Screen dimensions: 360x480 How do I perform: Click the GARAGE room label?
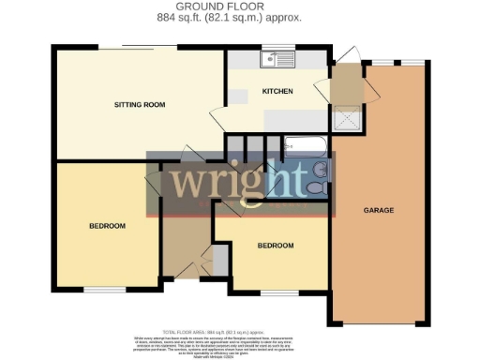pos(378,210)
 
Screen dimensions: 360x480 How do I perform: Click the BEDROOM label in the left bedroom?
pos(108,226)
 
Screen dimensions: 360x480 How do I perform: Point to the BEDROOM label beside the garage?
pos(276,246)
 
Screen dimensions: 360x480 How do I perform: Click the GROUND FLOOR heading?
pos(240,7)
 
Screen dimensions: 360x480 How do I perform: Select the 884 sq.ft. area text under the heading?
pos(240,18)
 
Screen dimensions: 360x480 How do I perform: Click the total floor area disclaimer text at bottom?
pos(240,337)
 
